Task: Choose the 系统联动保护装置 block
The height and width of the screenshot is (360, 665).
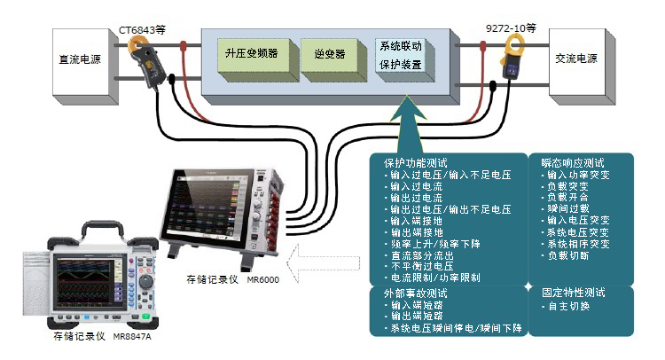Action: tap(401, 55)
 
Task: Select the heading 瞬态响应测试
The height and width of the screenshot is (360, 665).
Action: tap(573, 163)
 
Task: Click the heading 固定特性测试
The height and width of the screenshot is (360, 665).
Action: tap(573, 292)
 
